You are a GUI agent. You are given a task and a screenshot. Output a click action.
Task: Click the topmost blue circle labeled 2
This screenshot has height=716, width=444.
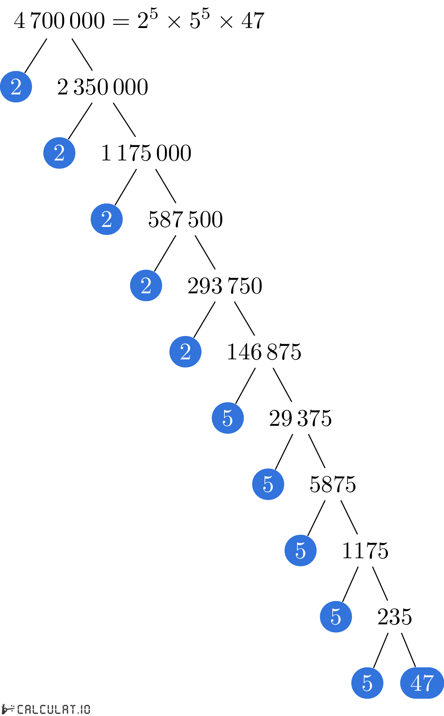point(16,86)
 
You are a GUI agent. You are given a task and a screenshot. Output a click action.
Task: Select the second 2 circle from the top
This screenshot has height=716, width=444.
point(59,153)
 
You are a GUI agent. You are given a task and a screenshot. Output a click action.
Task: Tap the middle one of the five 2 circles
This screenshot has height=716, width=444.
point(107,219)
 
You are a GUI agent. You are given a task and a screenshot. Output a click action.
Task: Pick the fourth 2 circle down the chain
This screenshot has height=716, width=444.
point(146,285)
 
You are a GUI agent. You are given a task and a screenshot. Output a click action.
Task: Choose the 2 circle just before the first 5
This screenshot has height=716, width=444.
point(185,352)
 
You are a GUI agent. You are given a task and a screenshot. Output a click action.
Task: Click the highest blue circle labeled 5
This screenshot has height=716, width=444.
point(228,418)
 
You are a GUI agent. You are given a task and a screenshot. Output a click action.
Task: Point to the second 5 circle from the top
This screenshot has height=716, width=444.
point(268,484)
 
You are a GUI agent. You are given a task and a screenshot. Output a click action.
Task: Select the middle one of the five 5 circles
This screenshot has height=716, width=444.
point(300,550)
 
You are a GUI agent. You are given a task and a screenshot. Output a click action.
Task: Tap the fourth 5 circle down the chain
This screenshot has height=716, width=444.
point(336,617)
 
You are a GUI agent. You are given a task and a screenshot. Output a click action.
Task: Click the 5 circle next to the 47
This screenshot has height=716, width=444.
point(367,683)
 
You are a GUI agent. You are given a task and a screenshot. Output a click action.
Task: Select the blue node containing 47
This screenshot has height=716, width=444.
point(422,683)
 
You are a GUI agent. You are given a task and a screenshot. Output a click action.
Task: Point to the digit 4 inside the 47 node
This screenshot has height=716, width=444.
point(416,683)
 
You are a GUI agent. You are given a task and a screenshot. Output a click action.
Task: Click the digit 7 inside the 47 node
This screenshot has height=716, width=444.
point(428,683)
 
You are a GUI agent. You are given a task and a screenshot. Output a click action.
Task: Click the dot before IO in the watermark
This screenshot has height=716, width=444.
point(78,713)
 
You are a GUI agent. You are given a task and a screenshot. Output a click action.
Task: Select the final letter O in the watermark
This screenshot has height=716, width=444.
point(87,709)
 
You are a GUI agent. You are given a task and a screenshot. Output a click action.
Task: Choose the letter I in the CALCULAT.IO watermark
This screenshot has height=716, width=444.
point(82,709)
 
